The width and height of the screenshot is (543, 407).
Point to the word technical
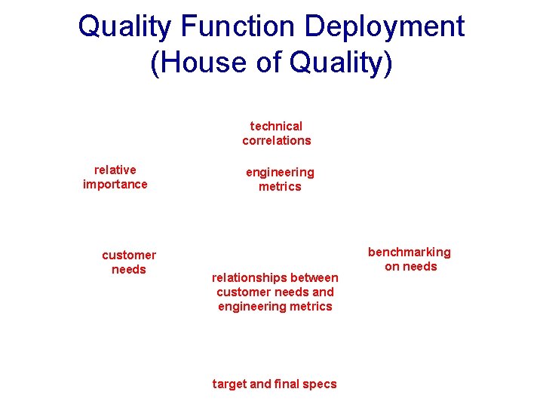pyautogui.click(x=276, y=126)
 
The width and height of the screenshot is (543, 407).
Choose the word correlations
pyautogui.click(x=276, y=140)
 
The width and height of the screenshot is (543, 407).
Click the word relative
pyautogui.click(x=115, y=170)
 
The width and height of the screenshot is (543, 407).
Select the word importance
pyautogui.click(x=115, y=184)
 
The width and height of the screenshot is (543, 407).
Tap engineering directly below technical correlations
pyautogui.click(x=280, y=172)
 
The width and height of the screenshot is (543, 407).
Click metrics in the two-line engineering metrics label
pyautogui.click(x=280, y=186)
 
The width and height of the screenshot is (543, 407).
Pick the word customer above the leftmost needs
pyautogui.click(x=129, y=255)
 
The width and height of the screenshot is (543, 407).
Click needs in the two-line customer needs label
pyautogui.click(x=129, y=269)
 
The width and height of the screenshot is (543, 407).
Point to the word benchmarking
pyautogui.click(x=410, y=252)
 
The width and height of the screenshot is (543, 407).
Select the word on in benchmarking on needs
pyautogui.click(x=392, y=266)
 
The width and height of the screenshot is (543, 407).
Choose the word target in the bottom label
pyautogui.click(x=229, y=384)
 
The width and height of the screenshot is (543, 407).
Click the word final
pyautogui.click(x=287, y=384)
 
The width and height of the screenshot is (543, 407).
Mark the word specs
pyautogui.click(x=320, y=384)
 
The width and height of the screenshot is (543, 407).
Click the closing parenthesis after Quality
pyautogui.click(x=388, y=63)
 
